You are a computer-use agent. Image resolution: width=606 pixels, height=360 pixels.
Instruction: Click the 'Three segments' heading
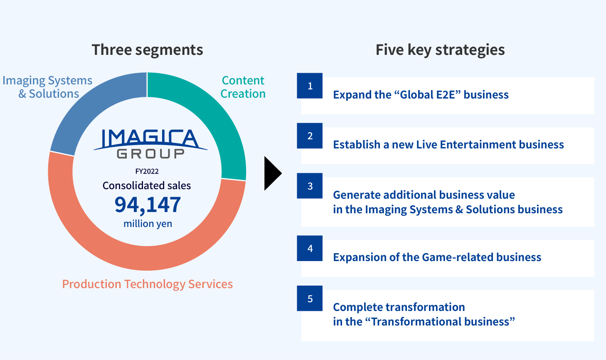pos(148,50)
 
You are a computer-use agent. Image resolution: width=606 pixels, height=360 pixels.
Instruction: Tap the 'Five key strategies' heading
pos(440,50)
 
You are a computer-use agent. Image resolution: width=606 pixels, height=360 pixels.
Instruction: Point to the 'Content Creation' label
pos(243,87)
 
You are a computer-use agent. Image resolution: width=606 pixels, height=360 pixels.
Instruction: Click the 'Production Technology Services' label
pos(148,284)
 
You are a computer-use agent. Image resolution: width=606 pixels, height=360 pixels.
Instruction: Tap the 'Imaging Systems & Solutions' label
pos(48,87)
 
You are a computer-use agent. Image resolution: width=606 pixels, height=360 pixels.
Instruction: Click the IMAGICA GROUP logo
pos(150,143)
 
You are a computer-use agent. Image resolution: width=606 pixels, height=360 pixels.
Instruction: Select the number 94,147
pos(148,205)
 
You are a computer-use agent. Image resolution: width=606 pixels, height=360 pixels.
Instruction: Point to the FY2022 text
pos(147,171)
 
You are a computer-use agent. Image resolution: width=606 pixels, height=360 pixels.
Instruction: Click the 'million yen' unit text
pos(148,224)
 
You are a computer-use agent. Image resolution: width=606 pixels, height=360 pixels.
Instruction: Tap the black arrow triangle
pos(272,173)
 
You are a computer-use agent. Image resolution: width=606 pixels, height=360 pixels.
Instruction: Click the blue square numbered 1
pos(310,86)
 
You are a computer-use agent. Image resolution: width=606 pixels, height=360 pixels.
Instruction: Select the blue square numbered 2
pos(310,136)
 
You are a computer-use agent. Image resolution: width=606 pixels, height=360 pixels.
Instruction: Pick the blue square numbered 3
pos(310,186)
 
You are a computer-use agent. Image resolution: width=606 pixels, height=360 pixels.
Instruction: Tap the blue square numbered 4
pos(310,248)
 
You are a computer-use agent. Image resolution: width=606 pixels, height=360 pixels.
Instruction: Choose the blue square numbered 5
pos(310,298)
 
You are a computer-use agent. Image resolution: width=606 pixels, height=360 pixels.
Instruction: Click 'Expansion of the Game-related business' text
pos(437,257)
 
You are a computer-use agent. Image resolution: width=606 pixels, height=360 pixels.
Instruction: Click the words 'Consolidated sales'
pos(147,186)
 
